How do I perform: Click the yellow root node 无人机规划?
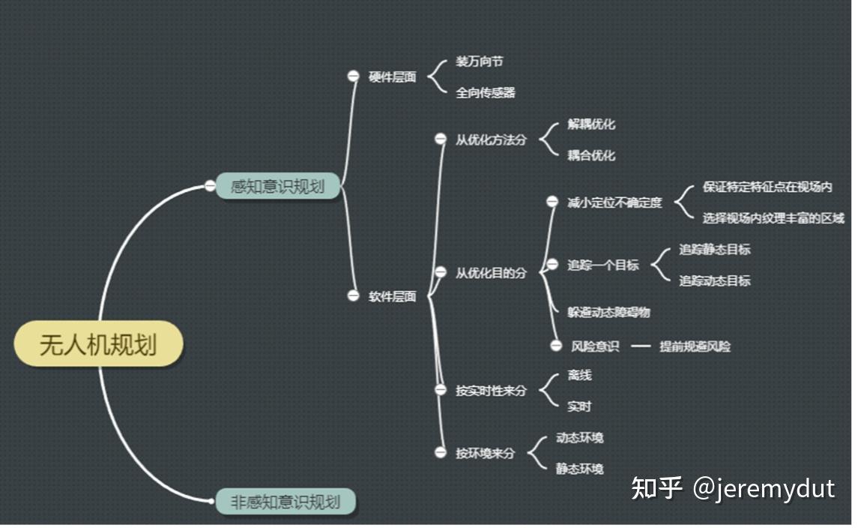(x=98, y=344)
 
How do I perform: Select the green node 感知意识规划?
(x=278, y=186)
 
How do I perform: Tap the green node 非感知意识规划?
(x=285, y=502)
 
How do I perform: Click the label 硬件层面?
(x=393, y=76)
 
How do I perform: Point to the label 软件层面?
(x=393, y=296)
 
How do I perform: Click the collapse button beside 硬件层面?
(x=354, y=76)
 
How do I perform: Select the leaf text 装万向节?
(x=480, y=61)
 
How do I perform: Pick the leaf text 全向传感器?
(x=486, y=92)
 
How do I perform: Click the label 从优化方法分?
(x=491, y=139)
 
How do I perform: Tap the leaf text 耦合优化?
(x=591, y=155)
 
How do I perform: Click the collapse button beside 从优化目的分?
(x=441, y=272)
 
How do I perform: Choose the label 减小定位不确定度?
(x=614, y=202)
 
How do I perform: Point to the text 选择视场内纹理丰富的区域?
(x=773, y=218)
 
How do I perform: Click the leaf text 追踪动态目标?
(x=715, y=280)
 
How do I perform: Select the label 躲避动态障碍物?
(x=608, y=312)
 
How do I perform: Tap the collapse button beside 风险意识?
(x=556, y=346)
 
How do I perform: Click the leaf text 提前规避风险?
(x=695, y=346)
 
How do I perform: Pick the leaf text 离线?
(x=579, y=375)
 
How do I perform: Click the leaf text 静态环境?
(x=579, y=469)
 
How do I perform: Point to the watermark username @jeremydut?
(x=764, y=488)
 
